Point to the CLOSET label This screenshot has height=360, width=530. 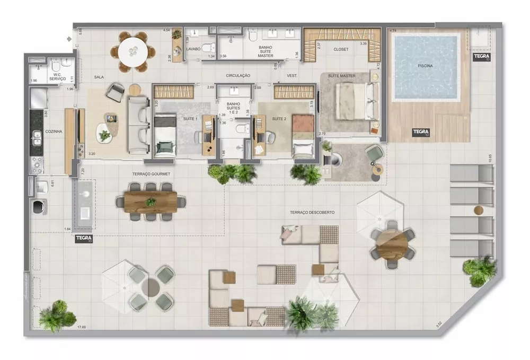341,49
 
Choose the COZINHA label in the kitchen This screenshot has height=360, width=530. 55,131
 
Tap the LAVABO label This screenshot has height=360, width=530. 193,49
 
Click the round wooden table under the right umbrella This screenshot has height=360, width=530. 392,243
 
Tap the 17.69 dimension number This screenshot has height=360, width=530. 82,327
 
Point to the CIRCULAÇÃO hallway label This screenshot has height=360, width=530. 238,76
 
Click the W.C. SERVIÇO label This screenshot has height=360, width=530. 57,76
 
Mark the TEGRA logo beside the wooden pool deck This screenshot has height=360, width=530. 422,132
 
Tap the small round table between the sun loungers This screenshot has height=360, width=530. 479,210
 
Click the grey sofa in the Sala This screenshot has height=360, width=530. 138,124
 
